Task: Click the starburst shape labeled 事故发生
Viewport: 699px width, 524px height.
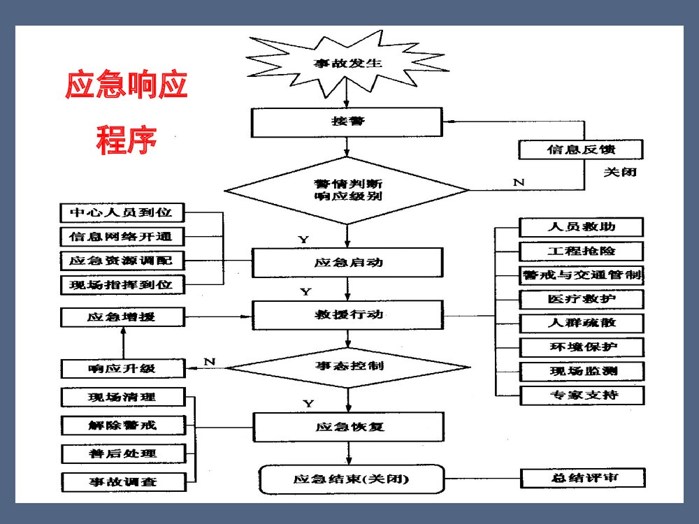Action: click(347, 63)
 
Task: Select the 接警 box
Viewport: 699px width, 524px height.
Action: click(347, 122)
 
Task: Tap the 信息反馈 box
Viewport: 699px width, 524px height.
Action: click(581, 150)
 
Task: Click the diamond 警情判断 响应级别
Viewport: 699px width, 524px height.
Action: click(347, 190)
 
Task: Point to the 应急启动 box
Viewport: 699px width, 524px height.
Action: click(347, 263)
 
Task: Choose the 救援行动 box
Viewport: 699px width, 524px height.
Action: click(347, 314)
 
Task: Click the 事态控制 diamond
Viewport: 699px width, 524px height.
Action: click(347, 366)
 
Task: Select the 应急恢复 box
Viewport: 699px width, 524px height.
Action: click(347, 426)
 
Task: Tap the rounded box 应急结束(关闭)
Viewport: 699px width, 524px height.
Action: click(352, 479)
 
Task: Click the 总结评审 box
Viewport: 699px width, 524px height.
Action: click(583, 479)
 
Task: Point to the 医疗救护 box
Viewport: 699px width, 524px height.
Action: click(582, 299)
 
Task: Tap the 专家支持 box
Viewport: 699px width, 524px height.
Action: click(582, 395)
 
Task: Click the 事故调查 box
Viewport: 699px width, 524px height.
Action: click(123, 481)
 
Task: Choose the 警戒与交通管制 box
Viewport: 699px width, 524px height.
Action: click(582, 275)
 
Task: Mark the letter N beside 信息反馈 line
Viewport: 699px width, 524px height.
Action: click(519, 182)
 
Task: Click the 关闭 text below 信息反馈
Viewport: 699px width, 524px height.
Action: click(620, 171)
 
